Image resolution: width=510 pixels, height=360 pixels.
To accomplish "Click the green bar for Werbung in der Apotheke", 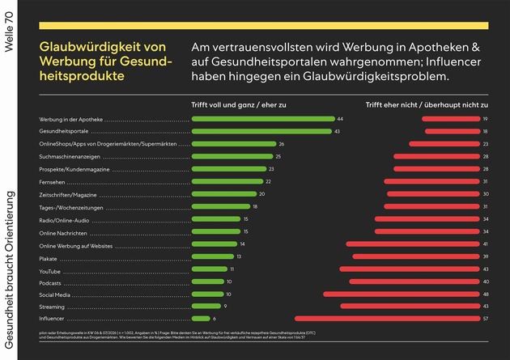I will (262, 119).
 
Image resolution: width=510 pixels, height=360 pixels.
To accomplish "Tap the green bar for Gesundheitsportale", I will (261, 131).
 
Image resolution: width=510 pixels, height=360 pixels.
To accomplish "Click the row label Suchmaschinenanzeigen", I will (69, 156).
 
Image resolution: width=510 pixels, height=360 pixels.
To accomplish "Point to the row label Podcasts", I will (51, 282).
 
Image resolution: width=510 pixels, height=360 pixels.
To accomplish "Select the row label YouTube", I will (50, 269).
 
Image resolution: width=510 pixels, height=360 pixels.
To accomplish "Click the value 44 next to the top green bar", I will (341, 119).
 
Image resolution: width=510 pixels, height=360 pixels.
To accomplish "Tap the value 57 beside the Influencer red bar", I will (485, 319).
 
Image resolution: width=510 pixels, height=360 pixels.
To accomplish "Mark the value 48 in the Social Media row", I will (485, 294).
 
